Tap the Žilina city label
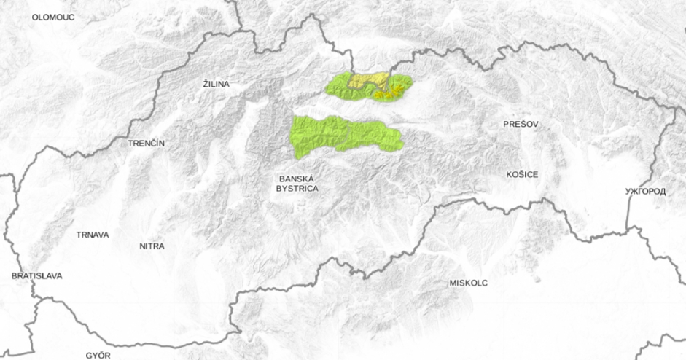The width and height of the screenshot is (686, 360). click(x=217, y=85)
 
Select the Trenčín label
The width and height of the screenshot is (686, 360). click(x=147, y=143)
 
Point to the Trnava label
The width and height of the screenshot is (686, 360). click(x=93, y=235)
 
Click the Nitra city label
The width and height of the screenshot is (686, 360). click(x=152, y=246)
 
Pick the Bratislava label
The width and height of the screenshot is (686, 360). click(x=36, y=276)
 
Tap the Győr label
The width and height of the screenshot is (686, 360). click(x=98, y=356)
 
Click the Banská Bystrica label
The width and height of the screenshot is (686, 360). click(x=297, y=183)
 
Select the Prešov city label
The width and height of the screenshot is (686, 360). click(x=521, y=125)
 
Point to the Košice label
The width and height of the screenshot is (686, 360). click(x=522, y=175)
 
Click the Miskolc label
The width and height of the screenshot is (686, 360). click(x=469, y=283)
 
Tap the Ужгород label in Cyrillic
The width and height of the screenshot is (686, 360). click(x=646, y=192)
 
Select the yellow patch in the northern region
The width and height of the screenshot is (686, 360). click(x=367, y=79)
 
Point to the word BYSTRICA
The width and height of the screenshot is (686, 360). click(x=297, y=188)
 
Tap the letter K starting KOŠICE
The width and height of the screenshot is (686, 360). click(x=509, y=175)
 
